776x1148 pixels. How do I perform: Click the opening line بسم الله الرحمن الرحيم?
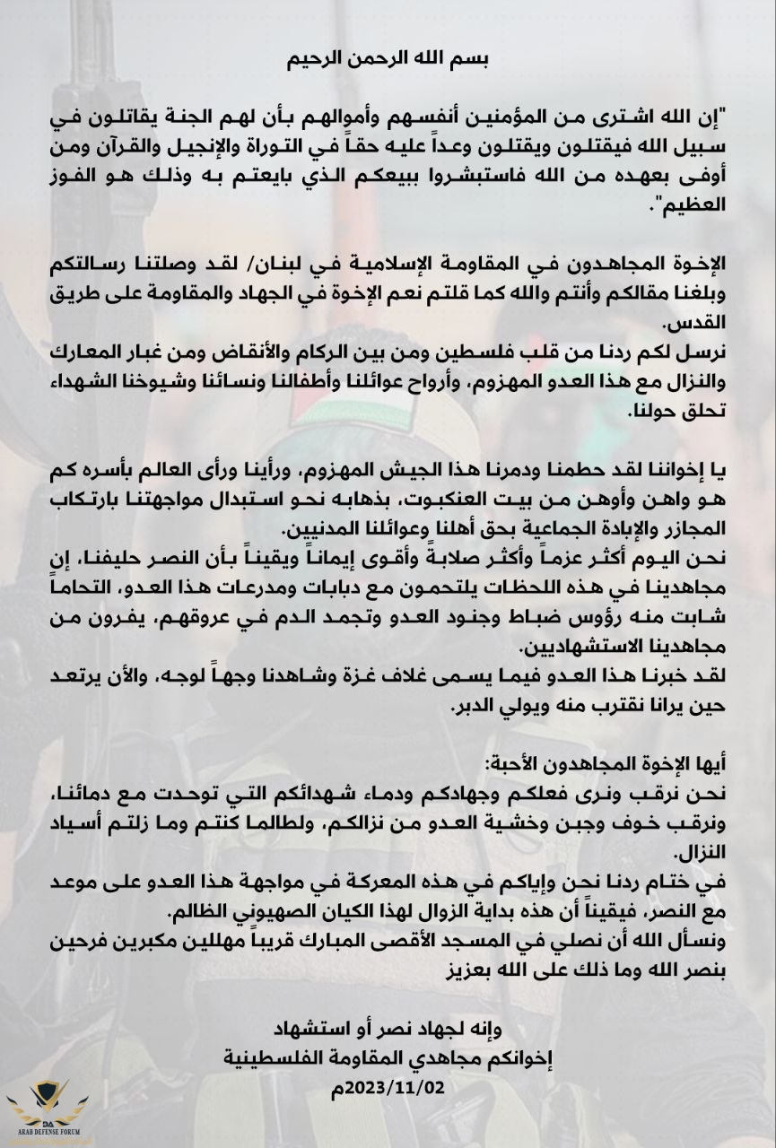point(388,61)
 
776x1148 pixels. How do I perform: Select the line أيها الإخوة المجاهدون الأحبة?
point(619,763)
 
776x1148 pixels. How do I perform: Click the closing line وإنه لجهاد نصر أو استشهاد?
point(388,1026)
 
